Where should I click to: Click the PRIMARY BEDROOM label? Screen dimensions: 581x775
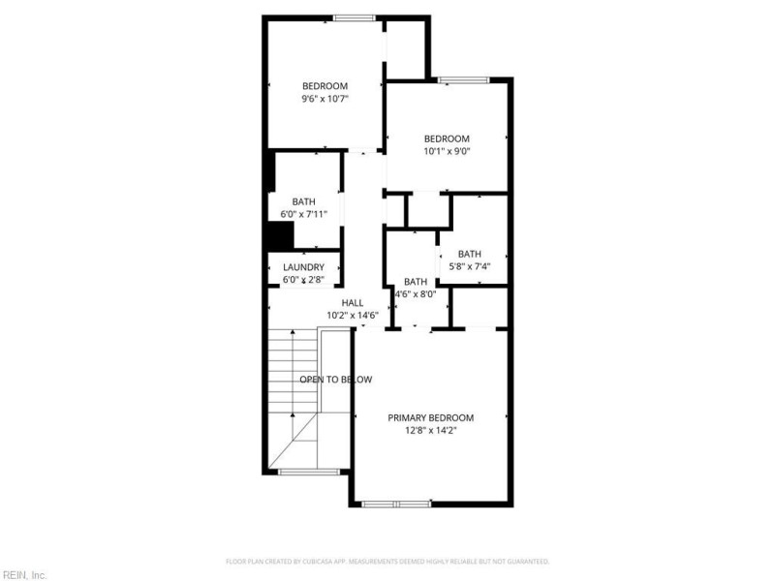point(431,417)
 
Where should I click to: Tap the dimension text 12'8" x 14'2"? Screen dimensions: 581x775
point(431,430)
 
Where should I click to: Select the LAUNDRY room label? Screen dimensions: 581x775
point(303,267)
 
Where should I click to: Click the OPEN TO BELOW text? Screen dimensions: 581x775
point(335,380)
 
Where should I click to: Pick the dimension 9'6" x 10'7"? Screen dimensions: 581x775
point(325,98)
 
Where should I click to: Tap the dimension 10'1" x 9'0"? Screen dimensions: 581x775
point(447,150)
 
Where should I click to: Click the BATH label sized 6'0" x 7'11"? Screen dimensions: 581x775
point(303,201)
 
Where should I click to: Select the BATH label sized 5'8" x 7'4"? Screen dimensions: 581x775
point(470,254)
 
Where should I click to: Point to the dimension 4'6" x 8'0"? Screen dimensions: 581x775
point(415,293)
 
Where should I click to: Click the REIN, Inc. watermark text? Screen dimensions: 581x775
point(24,574)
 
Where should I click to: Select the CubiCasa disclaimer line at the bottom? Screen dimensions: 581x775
point(387,561)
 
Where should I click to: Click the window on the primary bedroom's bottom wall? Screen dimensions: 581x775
point(396,503)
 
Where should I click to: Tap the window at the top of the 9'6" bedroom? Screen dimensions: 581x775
point(355,17)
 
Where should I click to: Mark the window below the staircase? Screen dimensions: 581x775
point(309,472)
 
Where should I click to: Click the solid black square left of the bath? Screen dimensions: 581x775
point(280,236)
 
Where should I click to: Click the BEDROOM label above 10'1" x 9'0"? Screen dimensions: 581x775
point(447,138)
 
